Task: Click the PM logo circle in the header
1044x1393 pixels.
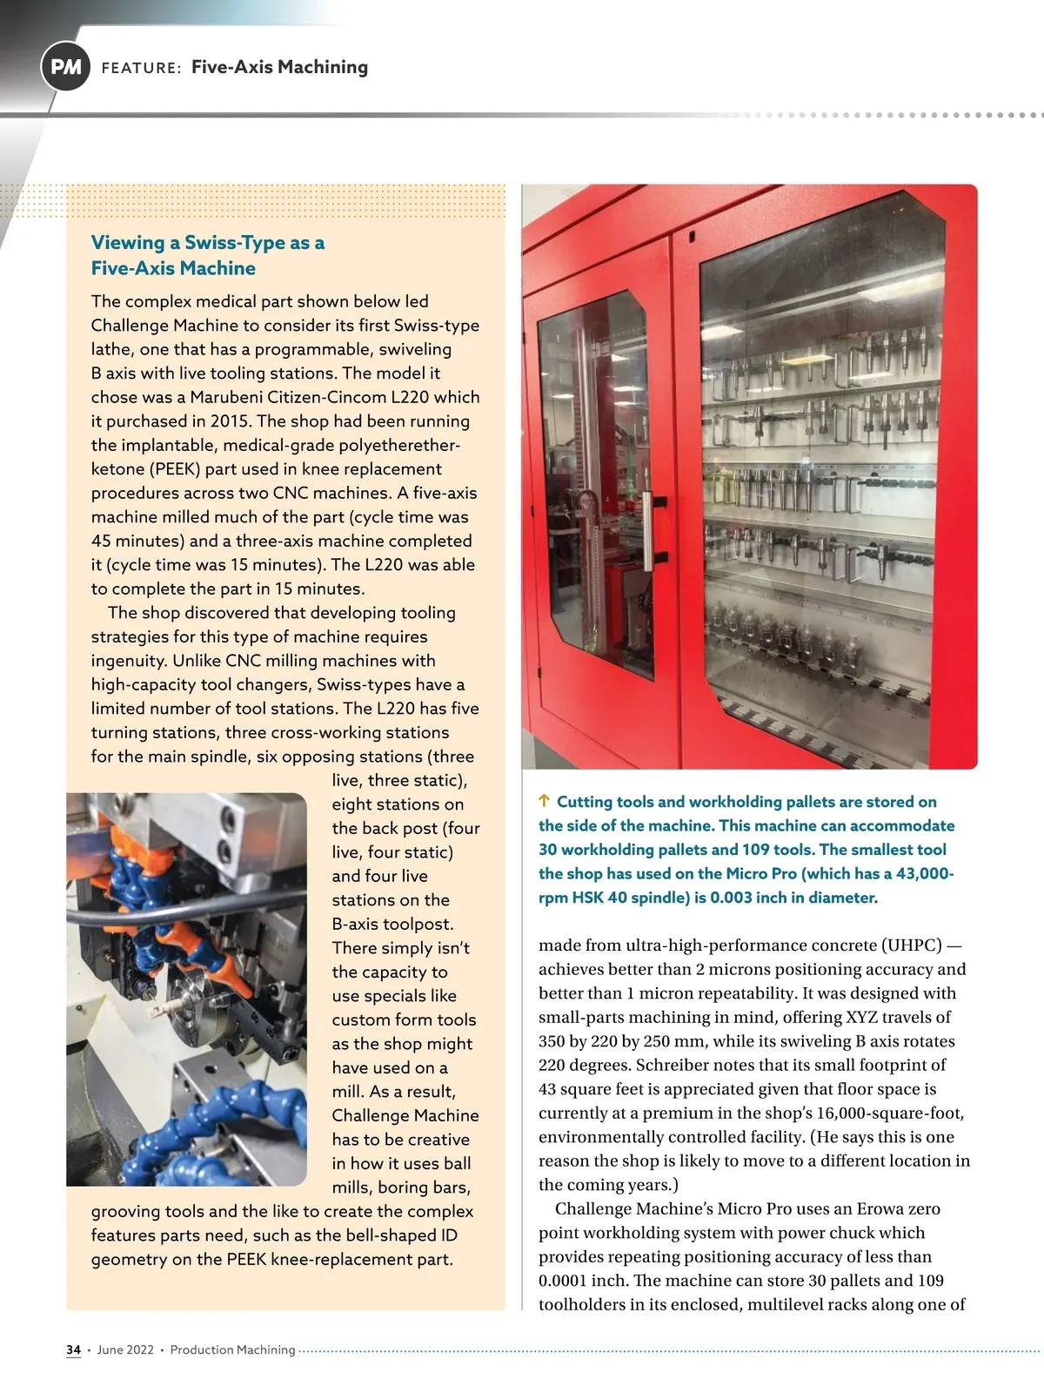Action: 65,67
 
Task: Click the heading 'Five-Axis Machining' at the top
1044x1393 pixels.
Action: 279,67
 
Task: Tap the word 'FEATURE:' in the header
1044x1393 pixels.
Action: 141,68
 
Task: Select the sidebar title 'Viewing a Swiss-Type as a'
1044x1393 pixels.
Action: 208,243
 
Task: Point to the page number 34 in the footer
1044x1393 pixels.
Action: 73,1349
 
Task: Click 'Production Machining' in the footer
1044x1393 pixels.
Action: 232,1349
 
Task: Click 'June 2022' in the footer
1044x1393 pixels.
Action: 125,1349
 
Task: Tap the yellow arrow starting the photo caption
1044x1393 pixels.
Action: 544,801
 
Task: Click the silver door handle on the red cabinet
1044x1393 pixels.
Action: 646,528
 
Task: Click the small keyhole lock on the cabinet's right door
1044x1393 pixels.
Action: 692,236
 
